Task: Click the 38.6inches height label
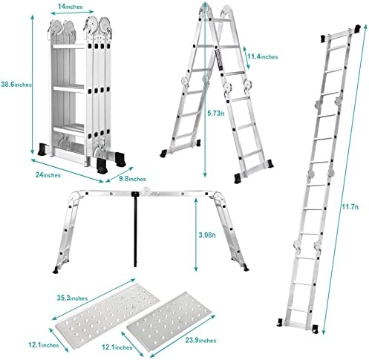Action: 16,85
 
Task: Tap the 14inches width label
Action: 70,7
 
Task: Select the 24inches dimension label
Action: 48,175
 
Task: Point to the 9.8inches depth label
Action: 132,179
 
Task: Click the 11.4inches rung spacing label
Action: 263,56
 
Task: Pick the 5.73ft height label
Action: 216,114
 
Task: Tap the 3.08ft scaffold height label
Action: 207,235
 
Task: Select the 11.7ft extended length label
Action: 350,206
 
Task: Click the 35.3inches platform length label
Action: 72,298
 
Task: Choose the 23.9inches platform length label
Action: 200,340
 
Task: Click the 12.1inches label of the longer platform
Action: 44,344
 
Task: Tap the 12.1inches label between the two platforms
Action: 117,347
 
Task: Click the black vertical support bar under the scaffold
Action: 135,229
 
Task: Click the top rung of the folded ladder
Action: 69,46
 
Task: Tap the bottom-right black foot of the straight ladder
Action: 315,329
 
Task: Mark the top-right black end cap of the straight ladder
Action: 358,28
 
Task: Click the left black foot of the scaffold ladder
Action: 56,270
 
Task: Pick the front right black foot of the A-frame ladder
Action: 238,178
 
